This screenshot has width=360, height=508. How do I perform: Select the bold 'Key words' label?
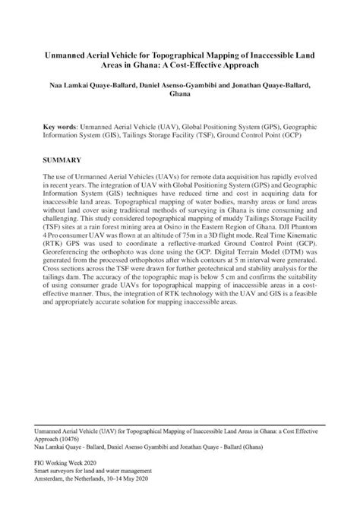63,122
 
